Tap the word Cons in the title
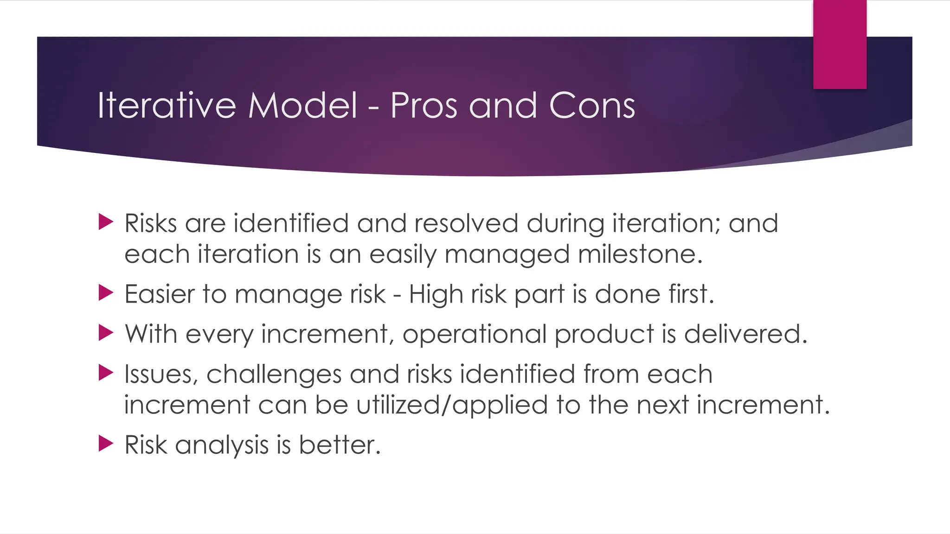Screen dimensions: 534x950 point(592,106)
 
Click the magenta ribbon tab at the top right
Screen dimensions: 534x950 point(840,44)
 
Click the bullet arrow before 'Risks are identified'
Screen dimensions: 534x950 point(106,222)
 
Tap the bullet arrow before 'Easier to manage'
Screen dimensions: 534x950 point(106,292)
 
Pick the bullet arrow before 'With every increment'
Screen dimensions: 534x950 point(106,332)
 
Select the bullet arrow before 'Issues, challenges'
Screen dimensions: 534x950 point(106,373)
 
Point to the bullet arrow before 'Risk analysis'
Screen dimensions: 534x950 point(106,444)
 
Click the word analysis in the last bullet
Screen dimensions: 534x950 point(222,445)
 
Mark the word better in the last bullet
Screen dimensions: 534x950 point(340,445)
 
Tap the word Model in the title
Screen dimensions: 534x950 point(302,106)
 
